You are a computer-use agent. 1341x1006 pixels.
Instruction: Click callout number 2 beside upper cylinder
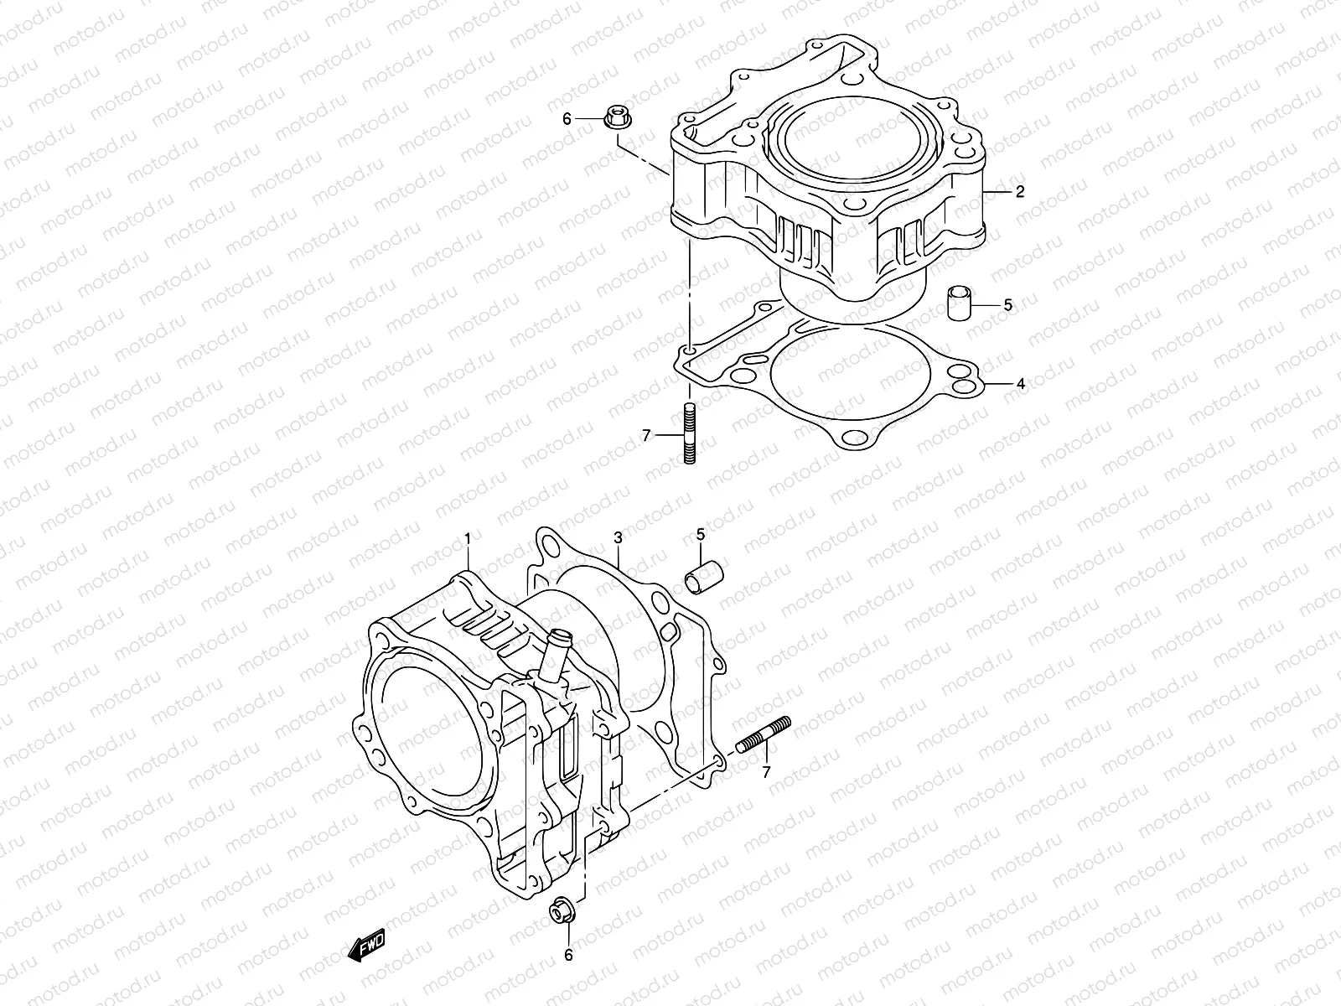pos(1020,192)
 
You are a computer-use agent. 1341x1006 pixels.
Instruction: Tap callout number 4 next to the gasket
pos(1021,385)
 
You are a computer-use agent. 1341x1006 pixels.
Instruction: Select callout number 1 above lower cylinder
pos(469,536)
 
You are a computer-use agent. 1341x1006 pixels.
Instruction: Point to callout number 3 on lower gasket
pos(617,537)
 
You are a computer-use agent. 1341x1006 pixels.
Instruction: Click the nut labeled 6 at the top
pos(614,117)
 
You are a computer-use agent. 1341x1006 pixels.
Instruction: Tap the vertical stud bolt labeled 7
pos(689,433)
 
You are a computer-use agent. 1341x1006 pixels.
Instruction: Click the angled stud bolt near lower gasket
pos(763,735)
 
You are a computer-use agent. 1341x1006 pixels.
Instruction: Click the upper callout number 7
pos(645,435)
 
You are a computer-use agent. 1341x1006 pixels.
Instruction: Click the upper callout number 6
pos(567,120)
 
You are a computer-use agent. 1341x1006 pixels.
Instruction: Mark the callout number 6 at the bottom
pos(568,955)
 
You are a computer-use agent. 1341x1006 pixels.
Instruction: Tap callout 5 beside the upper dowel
pos(1008,305)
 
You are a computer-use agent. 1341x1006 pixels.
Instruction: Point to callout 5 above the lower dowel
pos(701,534)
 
